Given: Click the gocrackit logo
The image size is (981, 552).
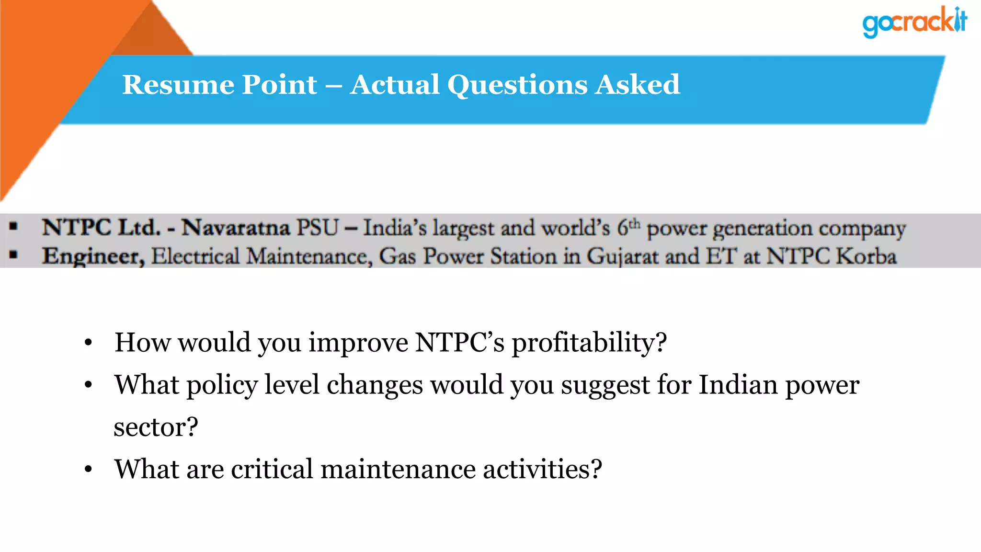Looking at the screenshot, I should pyautogui.click(x=914, y=22).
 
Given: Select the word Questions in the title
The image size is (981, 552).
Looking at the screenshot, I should pyautogui.click(x=517, y=86).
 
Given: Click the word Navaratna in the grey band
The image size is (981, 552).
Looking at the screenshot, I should pyautogui.click(x=236, y=228).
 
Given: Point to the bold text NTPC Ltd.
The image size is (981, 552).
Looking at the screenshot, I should pyautogui.click(x=101, y=228).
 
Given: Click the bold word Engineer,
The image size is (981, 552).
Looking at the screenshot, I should pyautogui.click(x=93, y=257).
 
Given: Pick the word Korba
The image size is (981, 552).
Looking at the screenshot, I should pyautogui.click(x=866, y=256).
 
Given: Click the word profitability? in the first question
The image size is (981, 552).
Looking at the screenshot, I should pyautogui.click(x=589, y=343).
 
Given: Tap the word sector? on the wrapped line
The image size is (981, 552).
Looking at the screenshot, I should pyautogui.click(x=156, y=427).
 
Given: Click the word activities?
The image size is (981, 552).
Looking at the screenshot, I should pyautogui.click(x=542, y=469).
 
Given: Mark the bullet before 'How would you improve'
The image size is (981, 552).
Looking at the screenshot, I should pyautogui.click(x=88, y=343).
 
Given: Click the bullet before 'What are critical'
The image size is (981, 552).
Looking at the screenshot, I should pyautogui.click(x=88, y=469).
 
